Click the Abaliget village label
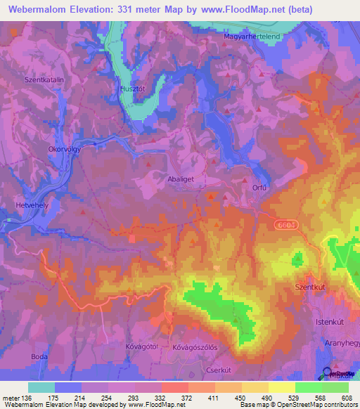pos(181,178)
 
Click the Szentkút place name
pos(307,288)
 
